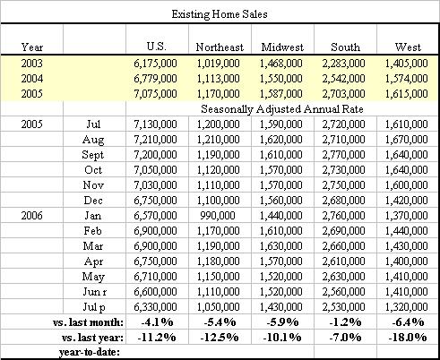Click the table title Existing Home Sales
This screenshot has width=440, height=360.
click(220, 14)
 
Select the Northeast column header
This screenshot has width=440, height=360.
click(220, 47)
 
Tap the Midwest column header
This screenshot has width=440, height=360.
click(282, 47)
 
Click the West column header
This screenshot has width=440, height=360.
click(408, 47)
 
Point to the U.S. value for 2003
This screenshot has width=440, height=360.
click(155, 64)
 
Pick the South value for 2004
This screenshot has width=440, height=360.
click(343, 79)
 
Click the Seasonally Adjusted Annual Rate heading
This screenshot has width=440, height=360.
click(282, 109)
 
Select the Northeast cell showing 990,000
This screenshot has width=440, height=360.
click(218, 216)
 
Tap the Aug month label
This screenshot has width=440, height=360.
click(93, 140)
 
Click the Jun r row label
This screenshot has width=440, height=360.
click(94, 292)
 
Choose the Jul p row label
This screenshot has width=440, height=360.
click(94, 307)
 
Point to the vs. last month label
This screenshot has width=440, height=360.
click(88, 322)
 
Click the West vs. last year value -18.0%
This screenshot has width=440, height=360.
click(408, 338)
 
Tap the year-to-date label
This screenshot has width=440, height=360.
click(90, 352)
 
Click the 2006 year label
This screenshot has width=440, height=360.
click(31, 216)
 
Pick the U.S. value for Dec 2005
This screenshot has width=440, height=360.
click(155, 201)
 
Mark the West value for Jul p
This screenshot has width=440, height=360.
click(406, 307)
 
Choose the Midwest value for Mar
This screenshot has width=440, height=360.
click(280, 246)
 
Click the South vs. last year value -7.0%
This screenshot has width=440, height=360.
click(345, 338)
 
